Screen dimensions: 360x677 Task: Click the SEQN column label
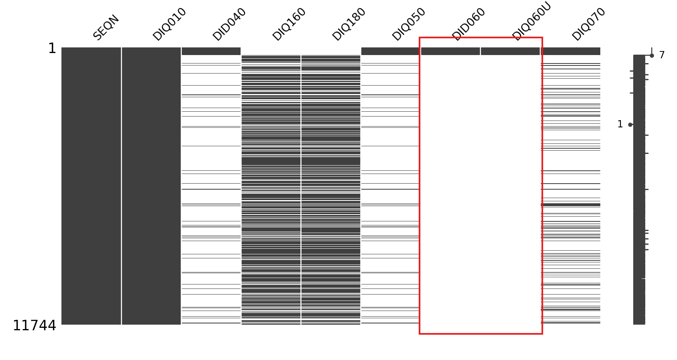click(x=106, y=27)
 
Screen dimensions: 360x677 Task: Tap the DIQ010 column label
click(x=169, y=24)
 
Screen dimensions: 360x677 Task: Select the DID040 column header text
click(x=229, y=24)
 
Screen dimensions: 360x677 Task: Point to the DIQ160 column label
click(x=289, y=24)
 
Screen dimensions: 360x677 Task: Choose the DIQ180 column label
click(x=349, y=24)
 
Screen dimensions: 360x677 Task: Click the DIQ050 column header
click(x=409, y=24)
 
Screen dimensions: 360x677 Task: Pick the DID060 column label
click(x=469, y=24)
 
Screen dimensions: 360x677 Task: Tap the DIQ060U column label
click(x=532, y=21)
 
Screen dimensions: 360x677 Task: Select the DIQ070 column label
click(x=589, y=24)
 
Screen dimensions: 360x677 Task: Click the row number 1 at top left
click(x=52, y=49)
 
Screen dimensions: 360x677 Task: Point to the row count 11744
click(x=35, y=326)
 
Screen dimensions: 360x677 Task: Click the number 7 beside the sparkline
click(x=662, y=55)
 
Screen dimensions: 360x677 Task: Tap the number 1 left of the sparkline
click(x=620, y=125)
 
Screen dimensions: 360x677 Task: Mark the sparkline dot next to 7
click(x=652, y=55)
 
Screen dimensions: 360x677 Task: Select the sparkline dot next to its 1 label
click(x=630, y=125)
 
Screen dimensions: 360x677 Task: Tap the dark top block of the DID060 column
click(x=450, y=51)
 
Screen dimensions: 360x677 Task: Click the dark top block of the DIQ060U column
click(x=510, y=51)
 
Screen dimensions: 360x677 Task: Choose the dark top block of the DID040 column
click(x=211, y=51)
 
